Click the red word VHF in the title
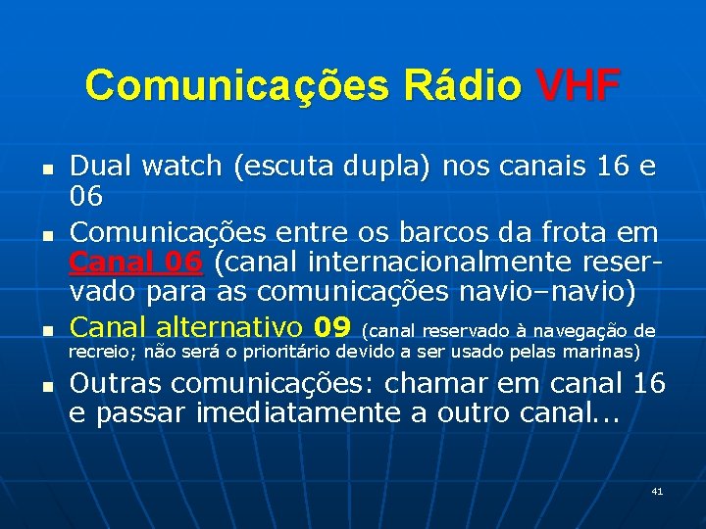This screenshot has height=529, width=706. coord(579,86)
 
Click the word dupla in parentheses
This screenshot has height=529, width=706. coord(392,166)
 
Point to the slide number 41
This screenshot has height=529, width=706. coord(657,490)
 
